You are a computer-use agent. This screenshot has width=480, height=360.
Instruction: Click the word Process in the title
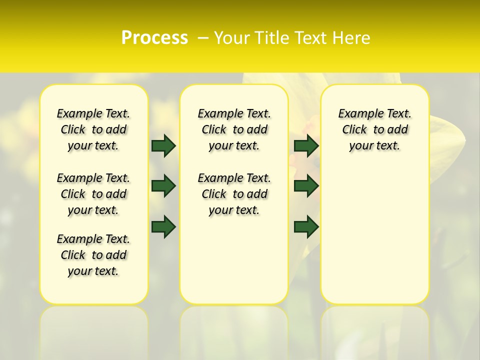point(154,38)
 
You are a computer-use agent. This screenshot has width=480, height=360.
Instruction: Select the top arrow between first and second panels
point(163,145)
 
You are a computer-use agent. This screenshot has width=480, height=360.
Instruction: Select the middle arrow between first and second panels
point(163,186)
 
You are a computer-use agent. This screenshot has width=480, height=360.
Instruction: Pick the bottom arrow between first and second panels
point(163,226)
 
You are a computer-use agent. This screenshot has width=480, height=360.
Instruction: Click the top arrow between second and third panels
point(306,145)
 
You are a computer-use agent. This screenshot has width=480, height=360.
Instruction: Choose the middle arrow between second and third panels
point(306,186)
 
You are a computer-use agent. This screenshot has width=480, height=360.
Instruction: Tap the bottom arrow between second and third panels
point(306,226)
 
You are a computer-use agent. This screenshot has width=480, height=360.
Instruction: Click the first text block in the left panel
point(93,129)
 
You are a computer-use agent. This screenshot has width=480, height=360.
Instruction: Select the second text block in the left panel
point(93,194)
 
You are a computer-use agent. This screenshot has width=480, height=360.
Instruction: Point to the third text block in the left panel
point(93,255)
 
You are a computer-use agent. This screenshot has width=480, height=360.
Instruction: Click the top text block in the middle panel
point(234,129)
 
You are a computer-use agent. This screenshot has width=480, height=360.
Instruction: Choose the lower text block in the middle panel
point(234,194)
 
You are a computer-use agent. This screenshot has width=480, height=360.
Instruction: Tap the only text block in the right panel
point(374,129)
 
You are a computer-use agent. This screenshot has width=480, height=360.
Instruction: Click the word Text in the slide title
point(310,38)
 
